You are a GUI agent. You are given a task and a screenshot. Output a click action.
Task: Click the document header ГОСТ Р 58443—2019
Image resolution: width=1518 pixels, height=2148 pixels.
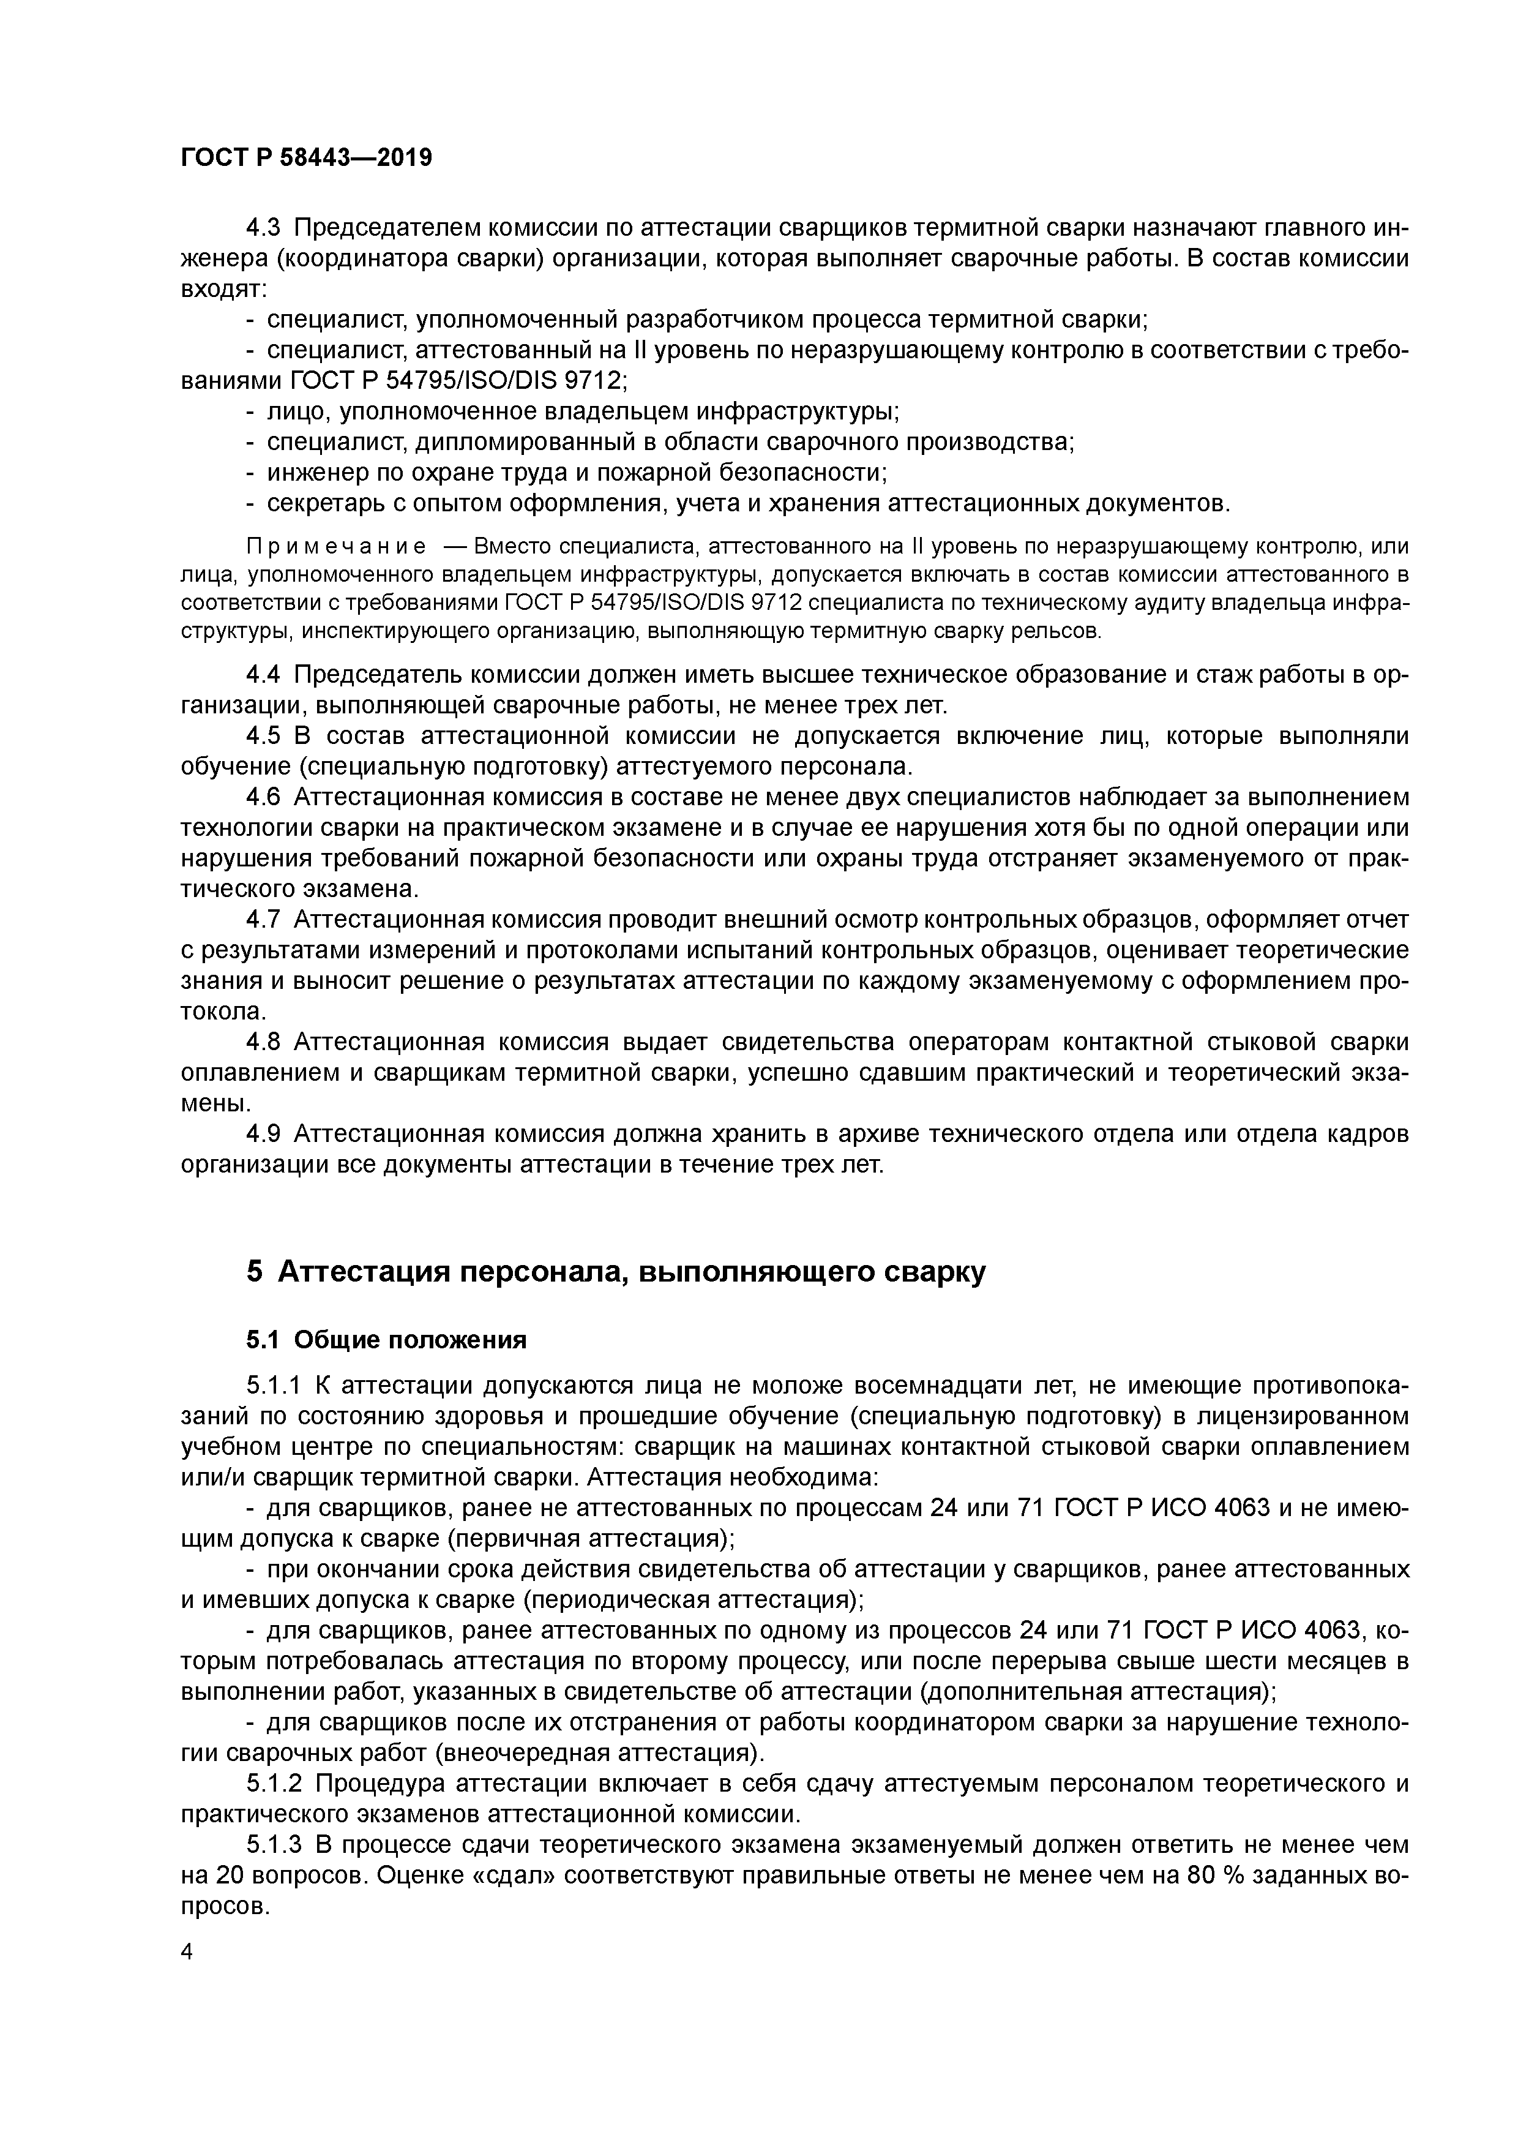point(306,157)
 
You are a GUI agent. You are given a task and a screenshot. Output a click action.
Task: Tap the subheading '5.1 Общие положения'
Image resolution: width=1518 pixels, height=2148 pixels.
point(386,1340)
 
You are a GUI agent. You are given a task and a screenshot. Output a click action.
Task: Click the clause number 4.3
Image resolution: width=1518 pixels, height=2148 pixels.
point(264,228)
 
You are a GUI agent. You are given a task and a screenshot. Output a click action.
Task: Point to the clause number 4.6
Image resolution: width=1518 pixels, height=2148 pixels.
point(264,797)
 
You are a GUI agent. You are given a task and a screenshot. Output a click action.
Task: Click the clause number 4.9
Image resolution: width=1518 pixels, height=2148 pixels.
point(264,1134)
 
